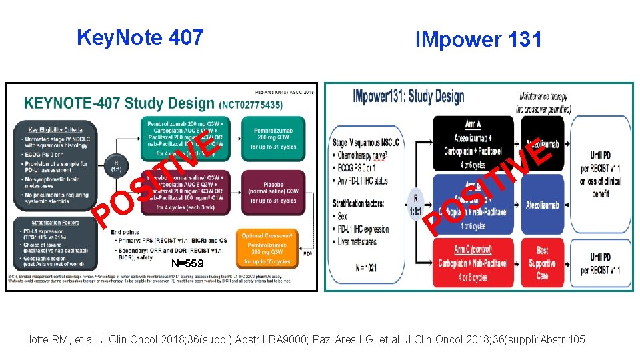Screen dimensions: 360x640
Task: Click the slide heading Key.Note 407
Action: click(140, 37)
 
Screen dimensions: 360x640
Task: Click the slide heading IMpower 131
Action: click(478, 39)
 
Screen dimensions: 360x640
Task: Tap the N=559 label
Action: click(187, 263)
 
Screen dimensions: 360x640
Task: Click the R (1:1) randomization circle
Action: click(118, 165)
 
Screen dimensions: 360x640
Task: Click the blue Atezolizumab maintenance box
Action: click(542, 205)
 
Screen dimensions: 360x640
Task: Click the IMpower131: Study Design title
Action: click(408, 97)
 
